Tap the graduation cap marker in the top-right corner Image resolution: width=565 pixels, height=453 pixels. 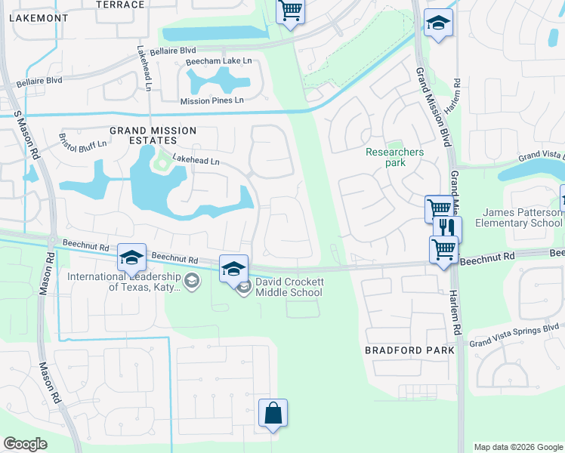[x=436, y=23]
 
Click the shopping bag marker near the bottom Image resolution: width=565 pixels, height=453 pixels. [x=273, y=413]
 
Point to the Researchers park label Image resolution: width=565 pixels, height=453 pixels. [x=394, y=157]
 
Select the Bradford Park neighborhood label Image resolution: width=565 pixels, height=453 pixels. [x=409, y=350]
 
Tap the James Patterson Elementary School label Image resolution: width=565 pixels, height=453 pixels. [x=519, y=217]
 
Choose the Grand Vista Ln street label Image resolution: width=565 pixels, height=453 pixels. [x=540, y=156]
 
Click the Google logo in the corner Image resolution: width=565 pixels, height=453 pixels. [x=26, y=443]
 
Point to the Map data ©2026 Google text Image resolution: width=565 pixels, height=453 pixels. [x=517, y=447]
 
